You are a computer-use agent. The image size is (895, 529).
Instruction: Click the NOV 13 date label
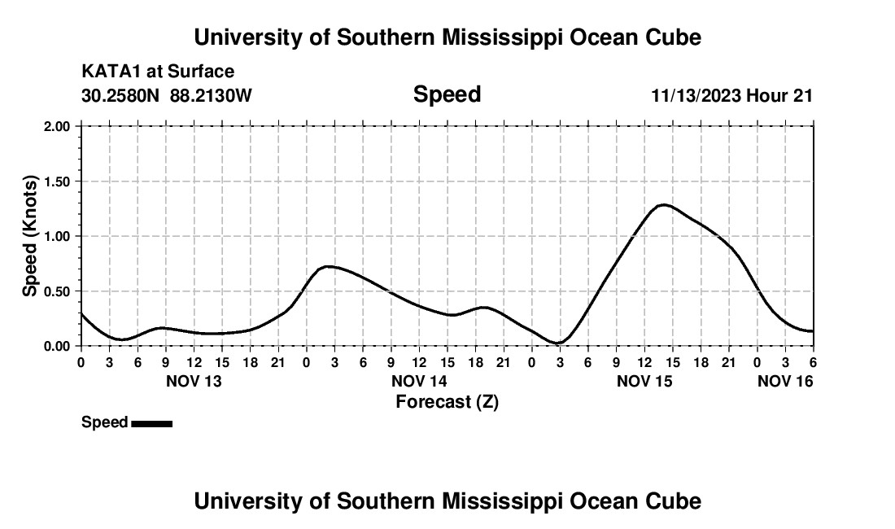[x=194, y=381]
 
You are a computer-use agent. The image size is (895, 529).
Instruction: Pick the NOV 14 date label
[x=419, y=381]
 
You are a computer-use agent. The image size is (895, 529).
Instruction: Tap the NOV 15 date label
[x=644, y=381]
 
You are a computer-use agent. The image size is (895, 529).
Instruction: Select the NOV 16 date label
[x=785, y=381]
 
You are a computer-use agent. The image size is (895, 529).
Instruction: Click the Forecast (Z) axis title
[x=447, y=401]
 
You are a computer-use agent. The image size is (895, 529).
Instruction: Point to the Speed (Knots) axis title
[x=30, y=236]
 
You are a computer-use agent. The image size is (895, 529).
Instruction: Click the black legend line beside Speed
[x=151, y=423]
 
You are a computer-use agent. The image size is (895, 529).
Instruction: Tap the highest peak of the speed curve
[x=664, y=204]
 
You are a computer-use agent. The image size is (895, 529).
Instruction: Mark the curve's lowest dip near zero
[x=558, y=343]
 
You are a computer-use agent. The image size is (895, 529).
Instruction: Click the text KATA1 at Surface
[x=158, y=72]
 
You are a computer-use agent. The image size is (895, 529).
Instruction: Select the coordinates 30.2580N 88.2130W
[x=167, y=95]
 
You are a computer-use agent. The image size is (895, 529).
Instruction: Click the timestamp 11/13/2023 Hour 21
[x=731, y=95]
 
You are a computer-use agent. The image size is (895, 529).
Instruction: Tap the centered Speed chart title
[x=447, y=94]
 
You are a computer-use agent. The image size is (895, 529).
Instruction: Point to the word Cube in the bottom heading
[x=676, y=501]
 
